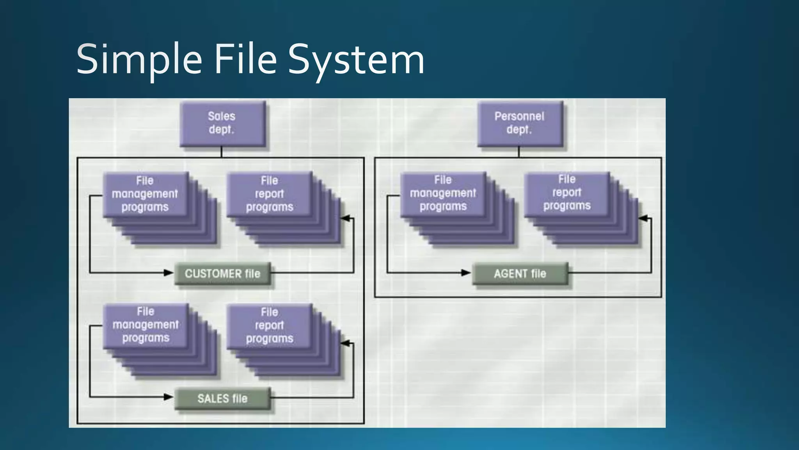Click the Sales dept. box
click(x=222, y=123)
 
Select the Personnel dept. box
click(x=520, y=123)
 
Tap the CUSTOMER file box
click(x=222, y=273)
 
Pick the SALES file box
click(x=222, y=398)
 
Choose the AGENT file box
click(x=520, y=273)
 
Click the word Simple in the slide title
click(x=139, y=59)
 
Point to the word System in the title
click(x=356, y=59)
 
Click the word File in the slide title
click(x=245, y=59)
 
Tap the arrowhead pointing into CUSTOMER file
click(x=169, y=273)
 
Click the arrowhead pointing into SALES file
click(x=169, y=397)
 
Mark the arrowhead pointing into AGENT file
click(x=466, y=273)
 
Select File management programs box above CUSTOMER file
click(x=145, y=194)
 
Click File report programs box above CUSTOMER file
click(x=269, y=194)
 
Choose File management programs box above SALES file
click(x=145, y=325)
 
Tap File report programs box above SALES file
click(x=269, y=325)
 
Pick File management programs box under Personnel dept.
click(x=443, y=193)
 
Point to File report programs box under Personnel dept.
click(x=566, y=193)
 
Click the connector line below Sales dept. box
click(x=222, y=152)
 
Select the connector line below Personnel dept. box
click(x=519, y=152)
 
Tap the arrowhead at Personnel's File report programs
click(x=643, y=218)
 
